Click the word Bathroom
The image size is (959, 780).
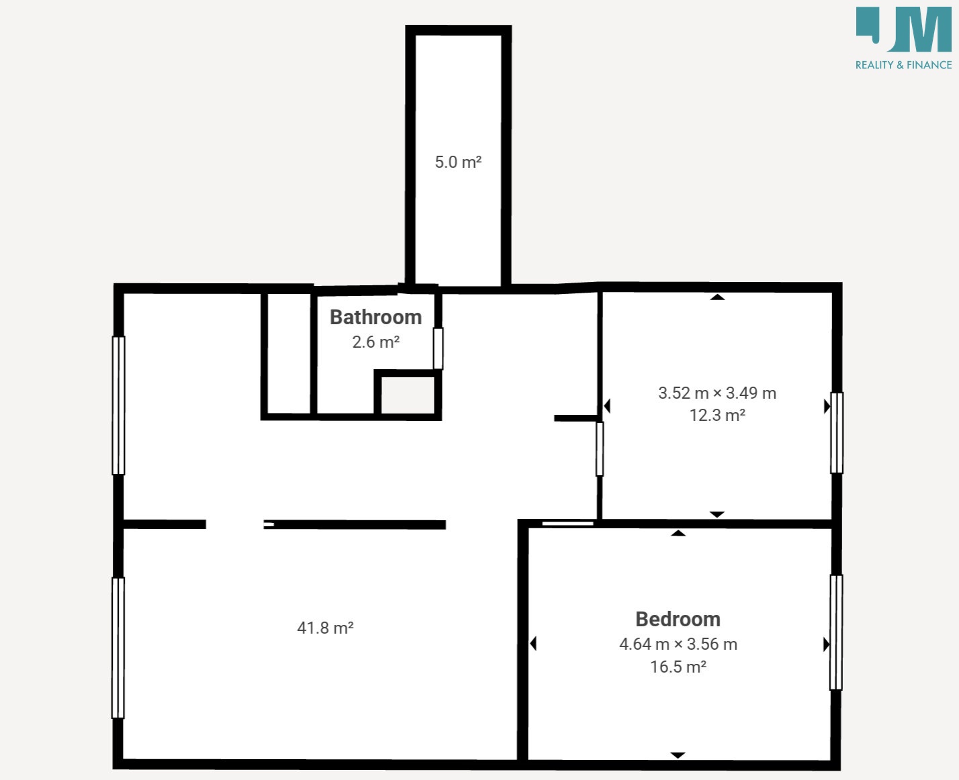pos(375,318)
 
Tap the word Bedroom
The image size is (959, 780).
pos(678,620)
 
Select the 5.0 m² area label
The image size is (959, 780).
pos(458,162)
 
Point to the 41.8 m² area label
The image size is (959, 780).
pos(325,628)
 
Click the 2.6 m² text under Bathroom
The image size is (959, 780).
pos(375,342)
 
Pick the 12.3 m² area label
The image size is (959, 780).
pos(717,415)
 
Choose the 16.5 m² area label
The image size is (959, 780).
pos(678,667)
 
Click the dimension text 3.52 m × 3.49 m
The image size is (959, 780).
pos(717,393)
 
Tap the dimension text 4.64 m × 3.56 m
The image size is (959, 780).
pos(678,644)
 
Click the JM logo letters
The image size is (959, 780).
pos(904,30)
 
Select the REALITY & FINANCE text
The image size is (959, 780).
pos(904,65)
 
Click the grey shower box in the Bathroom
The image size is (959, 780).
pos(408,395)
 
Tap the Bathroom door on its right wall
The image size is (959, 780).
pos(438,348)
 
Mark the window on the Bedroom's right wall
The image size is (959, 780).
pos(836,632)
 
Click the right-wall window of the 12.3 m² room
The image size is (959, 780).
pos(837,433)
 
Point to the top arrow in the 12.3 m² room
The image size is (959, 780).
pos(717,297)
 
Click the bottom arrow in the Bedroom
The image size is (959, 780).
pos(678,754)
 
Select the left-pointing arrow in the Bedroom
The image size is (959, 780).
pos(533,644)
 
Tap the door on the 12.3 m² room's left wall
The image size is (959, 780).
pos(600,449)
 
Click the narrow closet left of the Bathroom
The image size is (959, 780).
pos(289,353)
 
